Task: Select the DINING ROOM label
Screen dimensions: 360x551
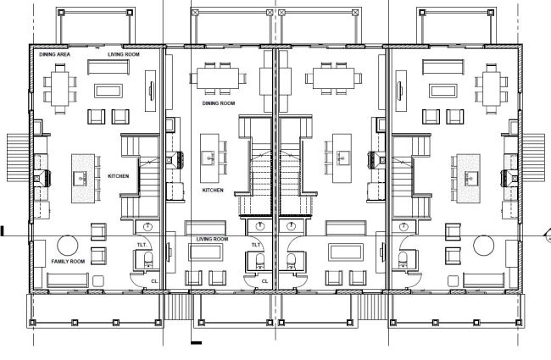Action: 218,103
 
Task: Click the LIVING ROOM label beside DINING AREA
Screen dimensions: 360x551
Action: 124,54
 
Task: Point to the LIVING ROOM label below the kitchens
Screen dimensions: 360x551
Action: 213,239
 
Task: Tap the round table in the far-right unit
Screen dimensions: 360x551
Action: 482,246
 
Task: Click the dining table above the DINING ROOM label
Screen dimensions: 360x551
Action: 218,76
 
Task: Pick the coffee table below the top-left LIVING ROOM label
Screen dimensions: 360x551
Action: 108,89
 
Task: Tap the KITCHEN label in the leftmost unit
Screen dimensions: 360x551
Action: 119,175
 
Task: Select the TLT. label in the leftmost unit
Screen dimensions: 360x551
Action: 142,244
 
